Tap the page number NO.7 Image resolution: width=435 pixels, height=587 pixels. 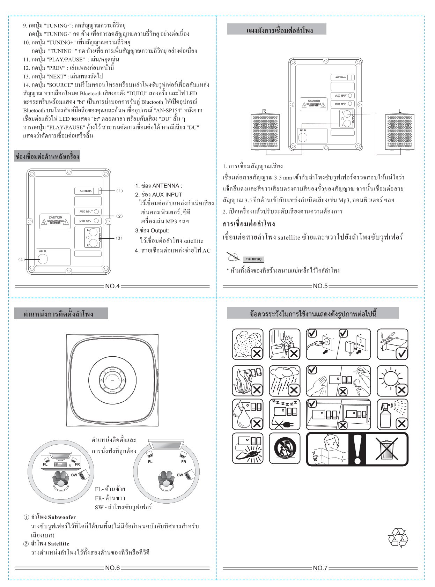coord(320,568)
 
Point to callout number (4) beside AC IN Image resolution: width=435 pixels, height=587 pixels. coord(22,260)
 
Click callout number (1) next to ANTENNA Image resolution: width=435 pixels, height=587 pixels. coord(119,191)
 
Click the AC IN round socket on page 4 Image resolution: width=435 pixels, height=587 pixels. coord(43,259)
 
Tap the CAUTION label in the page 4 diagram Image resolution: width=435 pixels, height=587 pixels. coord(55,220)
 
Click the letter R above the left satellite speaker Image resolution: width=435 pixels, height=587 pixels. coord(264,111)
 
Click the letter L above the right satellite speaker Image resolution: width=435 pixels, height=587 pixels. coord(400,111)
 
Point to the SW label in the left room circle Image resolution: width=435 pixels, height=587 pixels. coord(74,475)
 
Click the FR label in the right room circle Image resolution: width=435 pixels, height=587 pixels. coord(184,461)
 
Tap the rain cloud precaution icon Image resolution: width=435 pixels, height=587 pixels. coord(285,381)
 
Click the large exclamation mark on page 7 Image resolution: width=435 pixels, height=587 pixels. coord(357,449)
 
